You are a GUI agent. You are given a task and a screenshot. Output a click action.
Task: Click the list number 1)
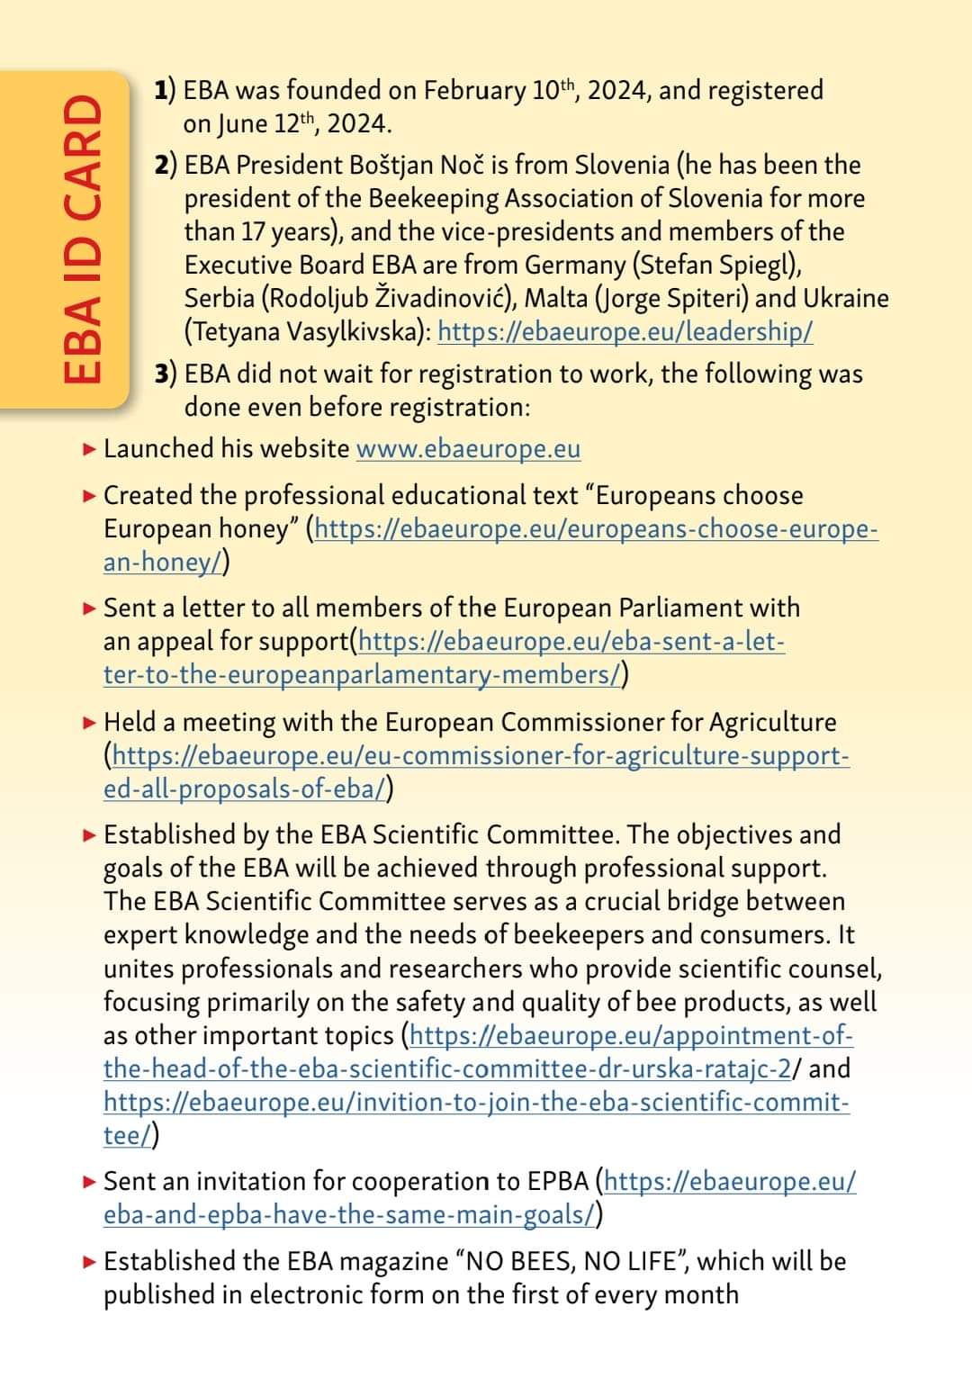pyautogui.click(x=165, y=90)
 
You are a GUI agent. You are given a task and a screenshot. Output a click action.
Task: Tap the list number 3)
pyautogui.click(x=166, y=374)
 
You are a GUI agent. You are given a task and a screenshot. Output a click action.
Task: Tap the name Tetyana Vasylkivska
pyautogui.click(x=306, y=332)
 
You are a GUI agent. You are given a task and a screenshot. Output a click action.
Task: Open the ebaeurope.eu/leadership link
pyautogui.click(x=625, y=332)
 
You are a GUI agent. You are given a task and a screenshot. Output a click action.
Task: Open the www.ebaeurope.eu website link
pyautogui.click(x=468, y=449)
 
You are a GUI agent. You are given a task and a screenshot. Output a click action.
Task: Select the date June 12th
pyautogui.click(x=265, y=123)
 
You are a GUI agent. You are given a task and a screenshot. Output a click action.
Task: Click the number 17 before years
pyautogui.click(x=252, y=232)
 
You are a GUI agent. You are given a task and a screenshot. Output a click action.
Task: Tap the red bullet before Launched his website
pyautogui.click(x=88, y=448)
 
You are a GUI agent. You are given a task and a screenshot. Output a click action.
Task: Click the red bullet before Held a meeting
pyautogui.click(x=88, y=722)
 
